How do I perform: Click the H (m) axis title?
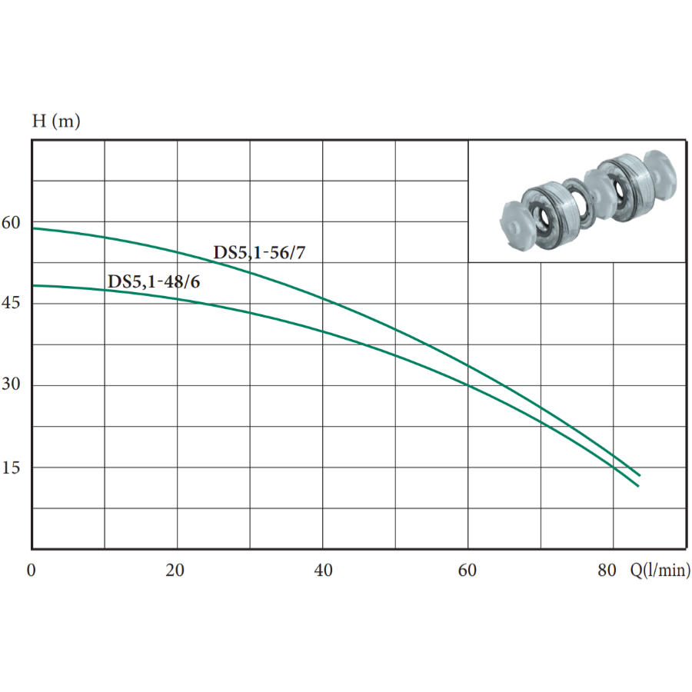(x=56, y=121)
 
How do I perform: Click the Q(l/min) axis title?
(x=660, y=570)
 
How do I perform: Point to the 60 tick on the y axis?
(x=11, y=223)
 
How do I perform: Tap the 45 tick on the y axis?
(x=11, y=303)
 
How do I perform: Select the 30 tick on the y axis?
(x=11, y=384)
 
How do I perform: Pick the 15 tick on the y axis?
(x=11, y=467)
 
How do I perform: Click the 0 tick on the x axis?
(x=31, y=571)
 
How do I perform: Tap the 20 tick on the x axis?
(x=175, y=571)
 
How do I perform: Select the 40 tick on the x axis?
(x=323, y=571)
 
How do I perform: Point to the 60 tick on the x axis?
(x=467, y=571)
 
